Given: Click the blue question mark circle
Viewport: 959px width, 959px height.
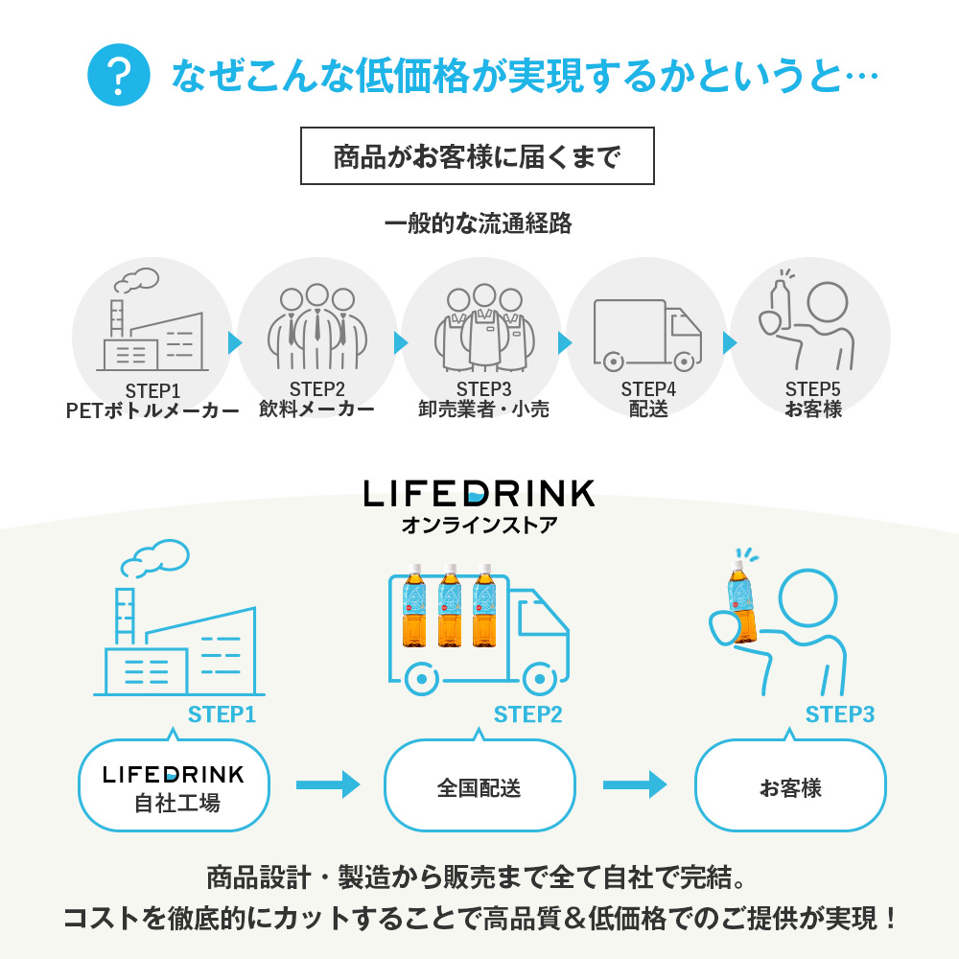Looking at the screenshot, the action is point(119,75).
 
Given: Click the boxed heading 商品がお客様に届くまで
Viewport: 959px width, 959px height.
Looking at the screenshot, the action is point(477,156).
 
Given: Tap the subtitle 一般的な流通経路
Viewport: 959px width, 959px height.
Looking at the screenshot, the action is point(479,223).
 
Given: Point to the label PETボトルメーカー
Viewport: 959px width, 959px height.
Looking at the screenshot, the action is point(152,410).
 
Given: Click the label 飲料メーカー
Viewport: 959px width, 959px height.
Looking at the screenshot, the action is point(316,409).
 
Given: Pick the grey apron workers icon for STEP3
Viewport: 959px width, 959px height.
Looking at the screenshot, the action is point(483,327).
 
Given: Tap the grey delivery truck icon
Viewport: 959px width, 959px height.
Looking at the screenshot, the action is point(647,335).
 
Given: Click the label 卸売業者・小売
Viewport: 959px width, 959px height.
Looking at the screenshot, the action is point(483,409).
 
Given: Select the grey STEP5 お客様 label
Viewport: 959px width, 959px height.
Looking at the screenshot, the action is point(813,399).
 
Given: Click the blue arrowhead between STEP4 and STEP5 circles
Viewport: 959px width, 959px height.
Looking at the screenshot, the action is point(729,343).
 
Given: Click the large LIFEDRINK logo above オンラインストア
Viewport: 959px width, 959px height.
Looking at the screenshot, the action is point(479,494).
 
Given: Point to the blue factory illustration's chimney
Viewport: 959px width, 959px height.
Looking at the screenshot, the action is point(125,617).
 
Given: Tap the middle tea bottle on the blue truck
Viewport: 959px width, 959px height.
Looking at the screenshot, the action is point(450,605).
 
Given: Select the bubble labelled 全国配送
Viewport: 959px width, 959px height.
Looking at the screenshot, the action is point(479,785).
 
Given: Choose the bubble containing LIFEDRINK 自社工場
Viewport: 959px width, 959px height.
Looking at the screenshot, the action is point(174,785).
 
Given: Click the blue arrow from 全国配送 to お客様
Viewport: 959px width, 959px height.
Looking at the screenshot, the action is point(634,784).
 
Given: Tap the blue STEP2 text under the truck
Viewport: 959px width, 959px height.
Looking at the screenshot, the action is point(527,714).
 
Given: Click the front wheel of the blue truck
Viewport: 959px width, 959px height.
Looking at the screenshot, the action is point(539,678).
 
